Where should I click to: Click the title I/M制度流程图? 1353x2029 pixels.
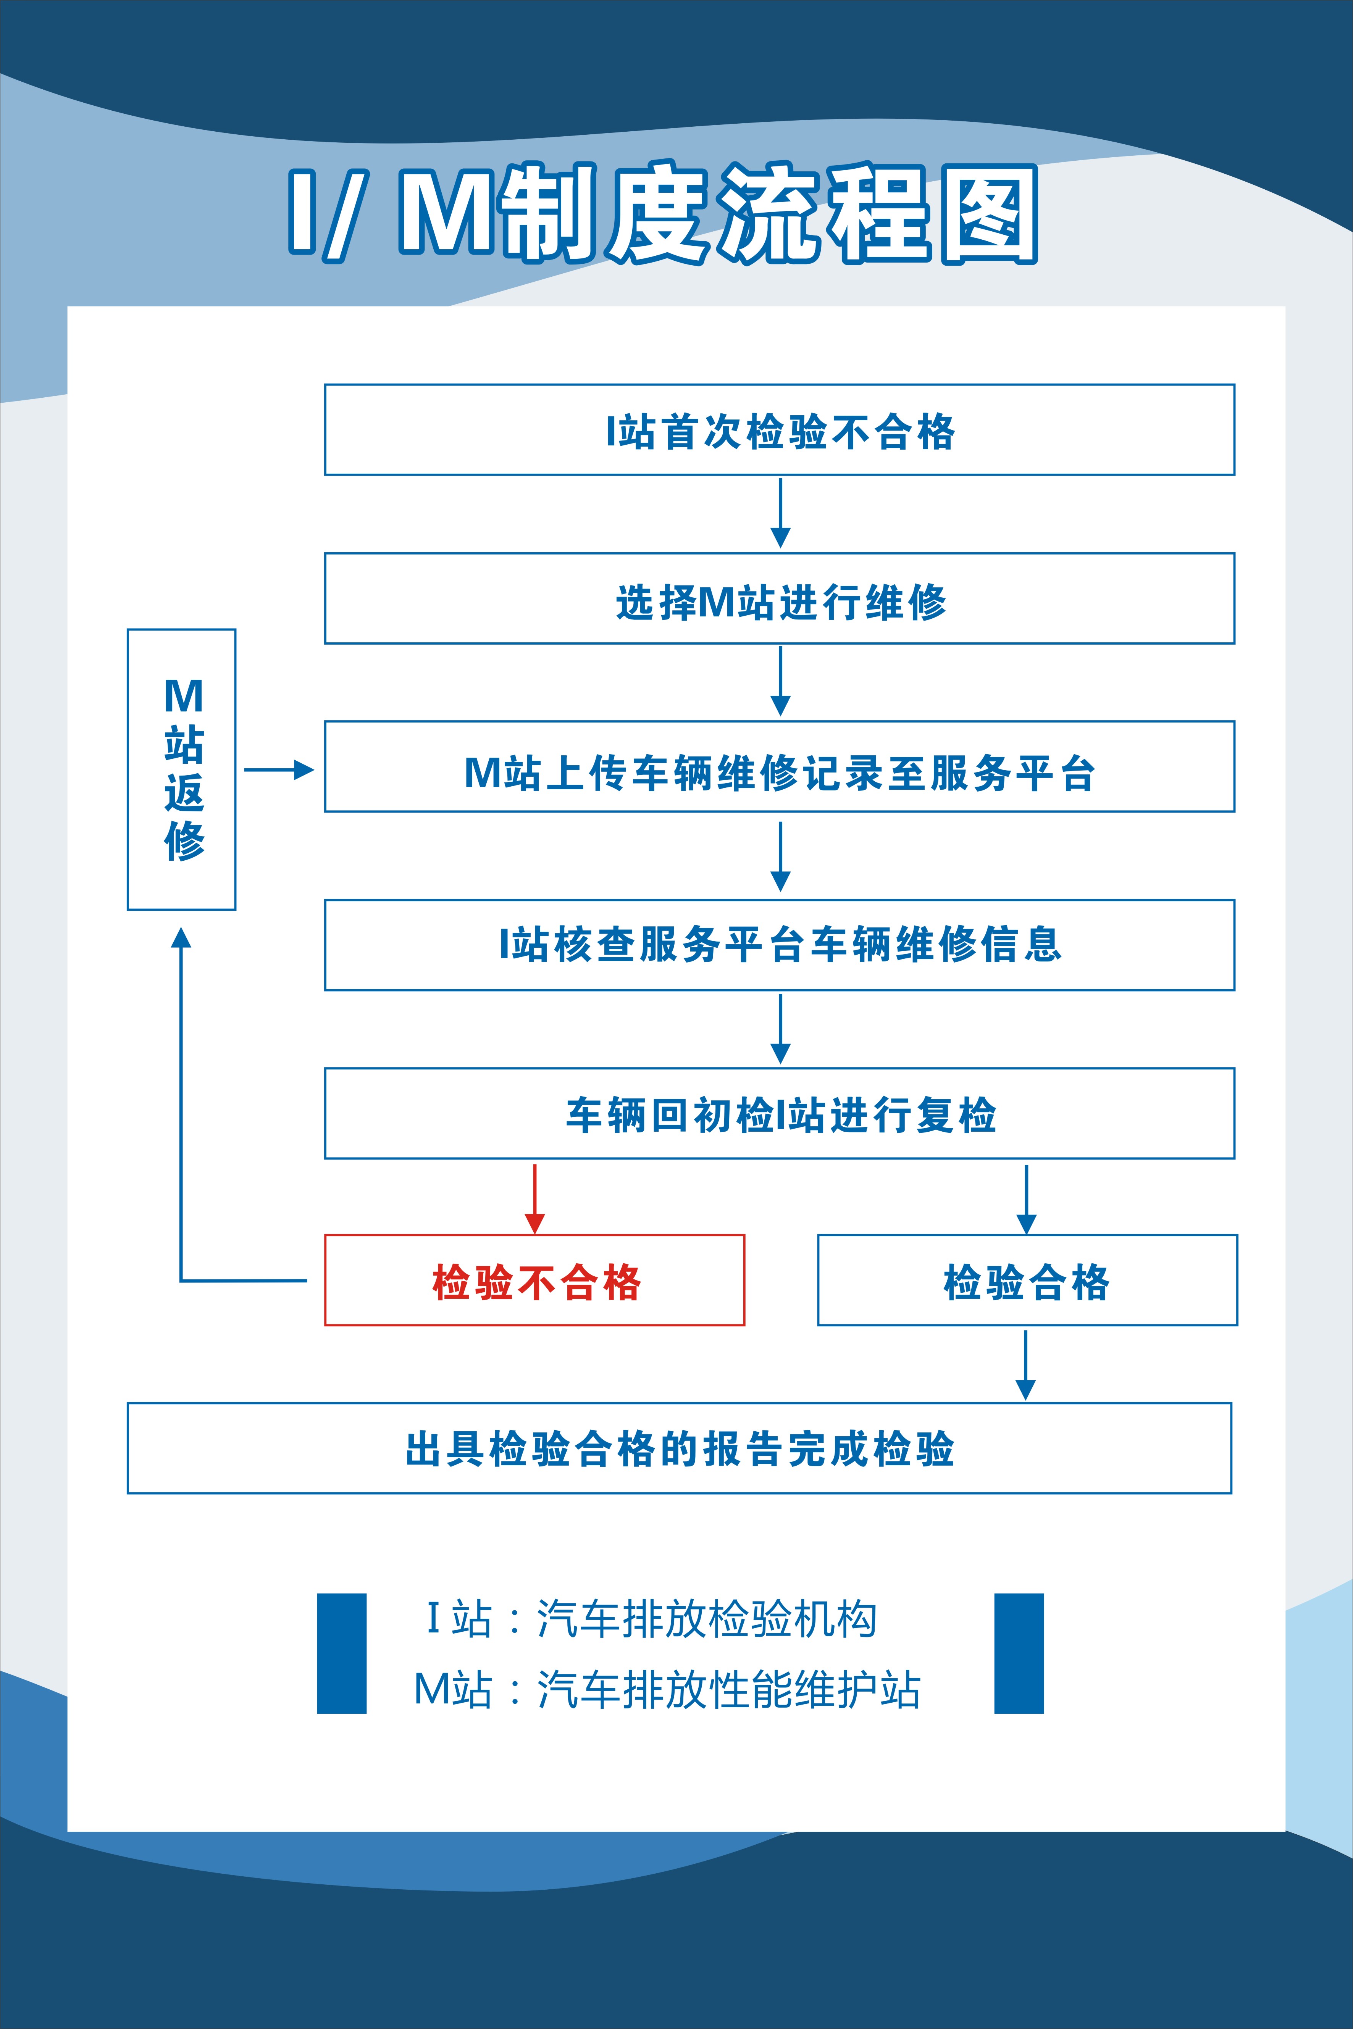tap(663, 213)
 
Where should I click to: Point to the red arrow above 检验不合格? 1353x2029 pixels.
tap(535, 1199)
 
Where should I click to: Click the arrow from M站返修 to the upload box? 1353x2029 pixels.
tap(279, 769)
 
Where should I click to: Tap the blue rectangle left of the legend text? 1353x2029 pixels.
tap(342, 1653)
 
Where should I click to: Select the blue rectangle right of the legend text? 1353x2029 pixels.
tap(1019, 1653)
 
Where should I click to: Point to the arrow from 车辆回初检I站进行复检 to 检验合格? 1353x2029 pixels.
tap(1026, 1199)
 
